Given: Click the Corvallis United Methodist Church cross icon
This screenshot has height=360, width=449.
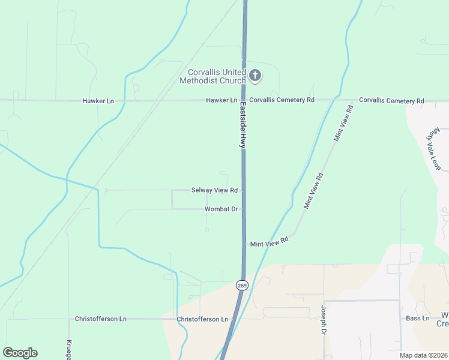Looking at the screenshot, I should coord(255,75).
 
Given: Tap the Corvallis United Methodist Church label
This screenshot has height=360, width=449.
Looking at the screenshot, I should coord(213,76).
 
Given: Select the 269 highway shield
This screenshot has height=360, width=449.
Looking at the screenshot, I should coord(241,286).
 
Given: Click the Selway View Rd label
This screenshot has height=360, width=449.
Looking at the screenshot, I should coord(214,190).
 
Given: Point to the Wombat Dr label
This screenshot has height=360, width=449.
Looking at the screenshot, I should coord(221,209).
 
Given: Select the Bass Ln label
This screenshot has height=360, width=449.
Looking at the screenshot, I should coord(418,318).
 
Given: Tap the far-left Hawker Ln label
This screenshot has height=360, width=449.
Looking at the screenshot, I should coord(98,101).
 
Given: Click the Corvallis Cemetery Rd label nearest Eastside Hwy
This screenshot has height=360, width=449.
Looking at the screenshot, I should coord(282,100).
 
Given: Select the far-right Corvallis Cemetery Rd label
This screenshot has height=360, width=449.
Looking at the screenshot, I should coord(391,101).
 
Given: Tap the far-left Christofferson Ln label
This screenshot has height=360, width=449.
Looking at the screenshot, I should coord(100,319).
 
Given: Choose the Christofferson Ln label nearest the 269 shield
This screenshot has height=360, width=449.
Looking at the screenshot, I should coord(203,319).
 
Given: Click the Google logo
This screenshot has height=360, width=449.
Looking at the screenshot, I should coord(20,353).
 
